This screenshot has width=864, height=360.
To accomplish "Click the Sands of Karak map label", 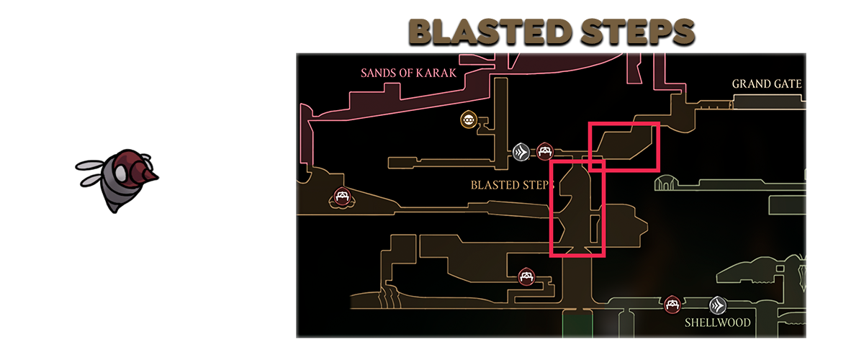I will pos(408,72).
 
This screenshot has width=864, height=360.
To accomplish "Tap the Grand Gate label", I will pos(766,84).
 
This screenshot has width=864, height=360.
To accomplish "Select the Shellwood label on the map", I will pos(717,323).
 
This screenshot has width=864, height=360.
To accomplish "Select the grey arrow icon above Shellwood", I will pos(717,305).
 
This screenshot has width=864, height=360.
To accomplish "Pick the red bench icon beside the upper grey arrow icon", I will pos(544,151).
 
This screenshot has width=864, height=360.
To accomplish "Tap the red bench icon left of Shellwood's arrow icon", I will pos(673,305).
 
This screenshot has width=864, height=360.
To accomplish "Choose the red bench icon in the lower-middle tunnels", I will pos(528,276).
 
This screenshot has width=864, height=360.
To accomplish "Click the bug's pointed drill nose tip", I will pos(157,175).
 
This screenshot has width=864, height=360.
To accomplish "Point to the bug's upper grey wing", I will pos(92,166).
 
